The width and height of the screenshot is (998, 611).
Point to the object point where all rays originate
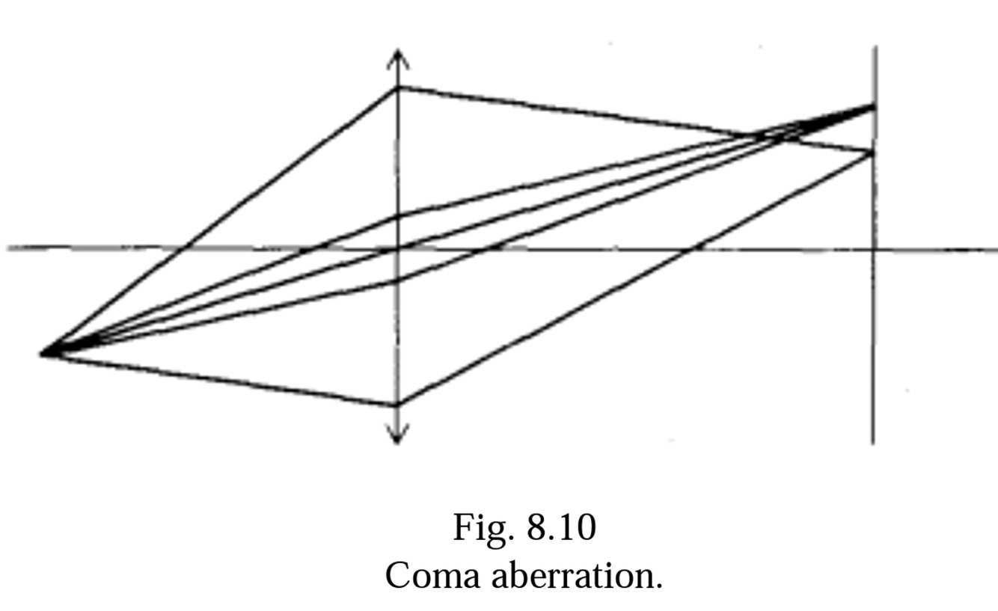click(x=43, y=352)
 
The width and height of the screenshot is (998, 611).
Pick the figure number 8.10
click(x=561, y=528)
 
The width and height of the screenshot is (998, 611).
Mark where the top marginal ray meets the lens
click(x=397, y=87)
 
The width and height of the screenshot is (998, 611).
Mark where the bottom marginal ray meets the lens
click(x=397, y=405)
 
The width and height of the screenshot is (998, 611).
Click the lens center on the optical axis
click(x=397, y=248)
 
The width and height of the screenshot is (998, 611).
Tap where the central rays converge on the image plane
click(x=872, y=108)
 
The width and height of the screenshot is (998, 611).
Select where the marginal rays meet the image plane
click(x=872, y=153)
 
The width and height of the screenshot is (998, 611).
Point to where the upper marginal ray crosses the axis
click(x=184, y=248)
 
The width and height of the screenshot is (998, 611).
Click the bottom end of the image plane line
click(x=873, y=443)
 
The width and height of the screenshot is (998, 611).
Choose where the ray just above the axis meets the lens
click(x=397, y=217)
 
